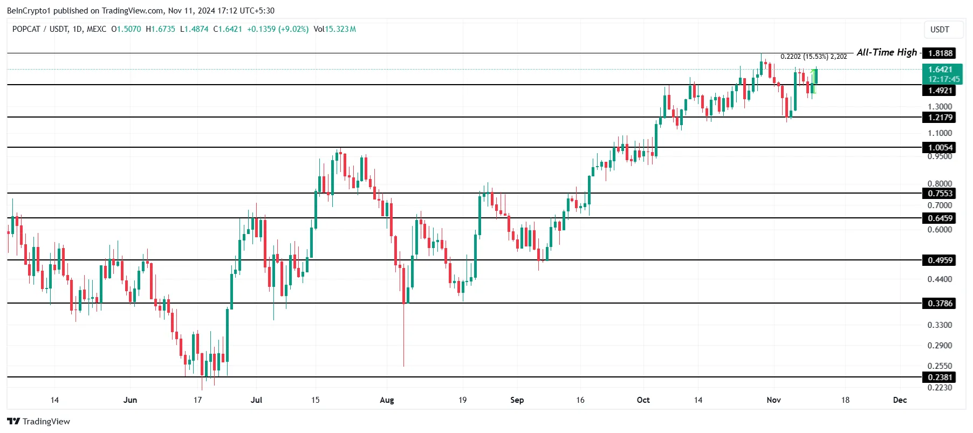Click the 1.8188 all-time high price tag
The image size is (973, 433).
click(940, 53)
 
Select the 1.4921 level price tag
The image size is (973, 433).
click(940, 91)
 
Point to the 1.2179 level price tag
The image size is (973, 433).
click(940, 117)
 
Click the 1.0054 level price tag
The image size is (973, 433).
click(940, 147)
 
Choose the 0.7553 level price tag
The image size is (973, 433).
click(940, 193)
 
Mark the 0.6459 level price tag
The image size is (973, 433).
click(940, 218)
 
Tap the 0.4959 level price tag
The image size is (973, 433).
click(940, 260)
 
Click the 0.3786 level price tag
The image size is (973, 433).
click(940, 303)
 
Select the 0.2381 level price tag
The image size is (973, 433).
click(940, 377)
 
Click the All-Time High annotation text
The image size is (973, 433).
click(886, 52)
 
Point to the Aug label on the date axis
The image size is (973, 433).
click(387, 400)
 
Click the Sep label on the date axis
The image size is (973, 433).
click(517, 400)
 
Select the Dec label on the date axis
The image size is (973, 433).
click(900, 400)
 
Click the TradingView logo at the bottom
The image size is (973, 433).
click(38, 421)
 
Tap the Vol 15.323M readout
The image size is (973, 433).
click(334, 29)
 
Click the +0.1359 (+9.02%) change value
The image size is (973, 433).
click(278, 29)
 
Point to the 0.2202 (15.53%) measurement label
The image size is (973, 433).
click(813, 56)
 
